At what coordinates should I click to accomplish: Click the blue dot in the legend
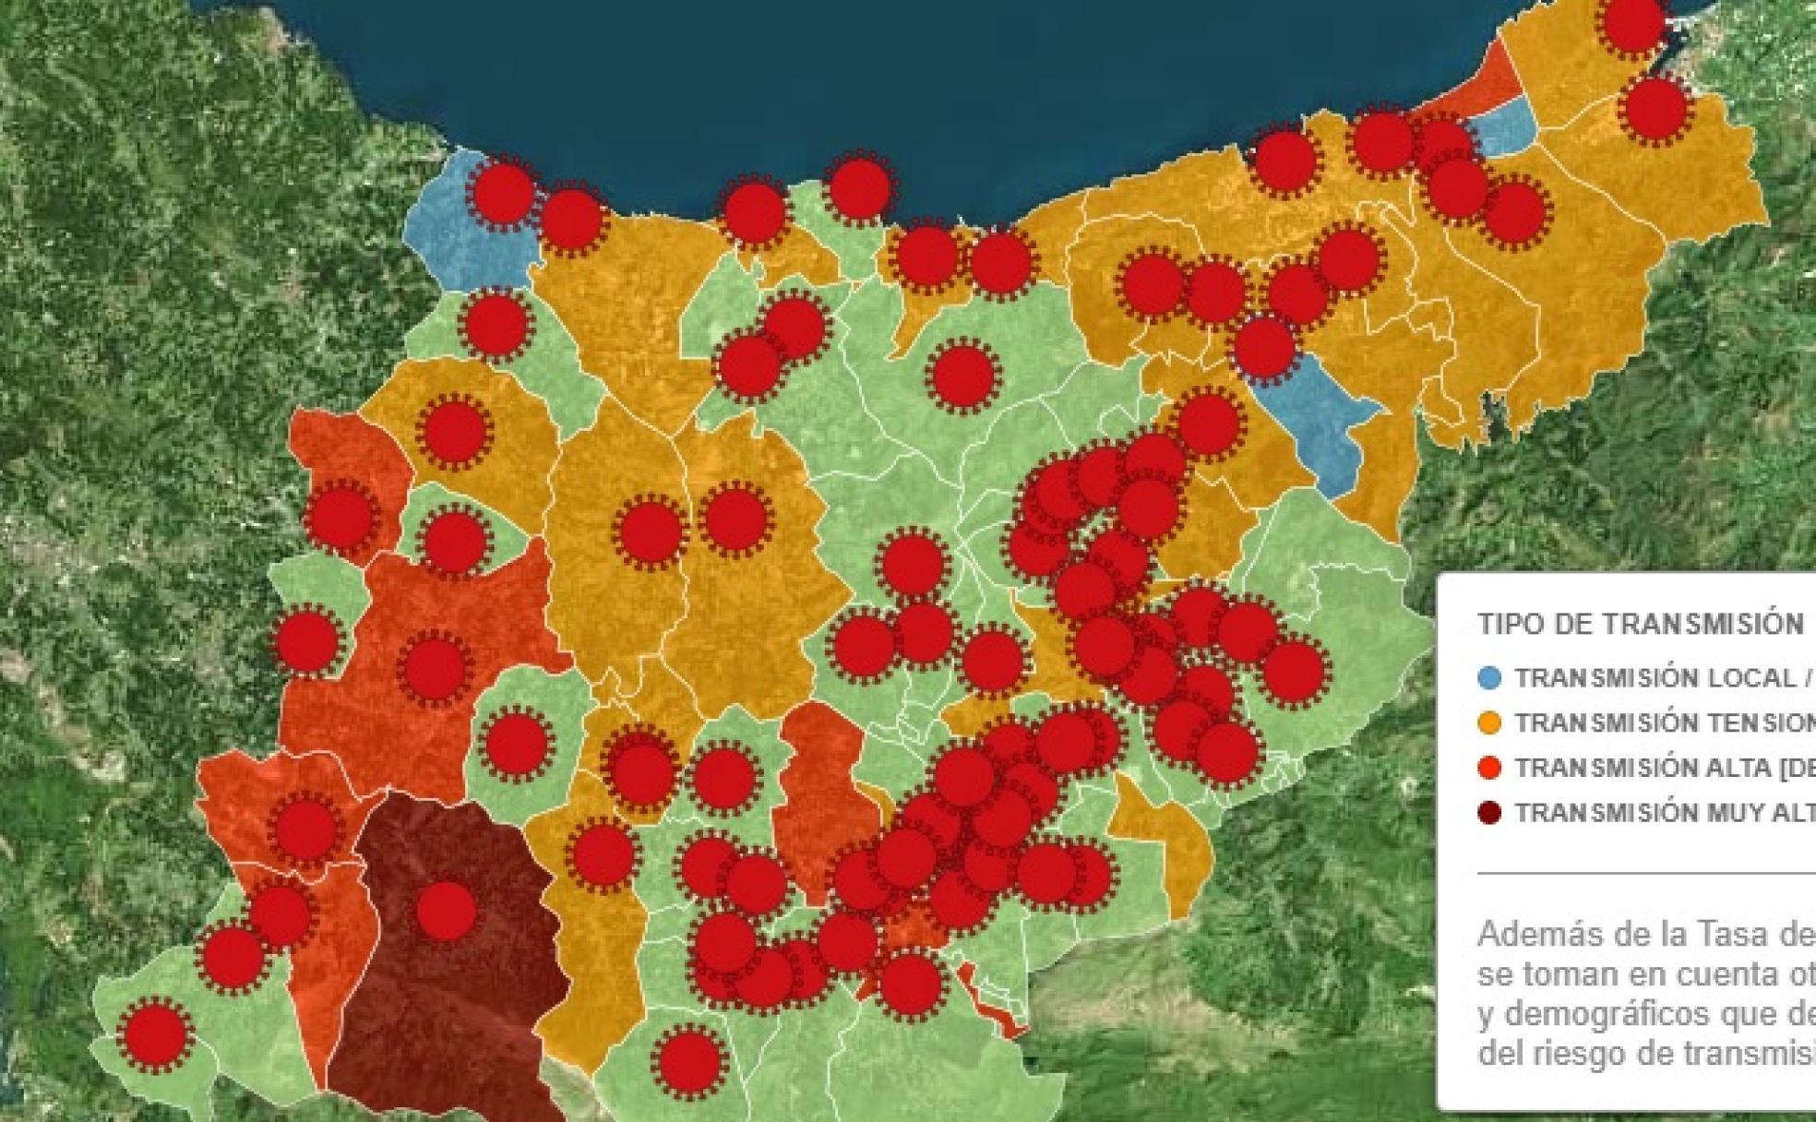(1489, 678)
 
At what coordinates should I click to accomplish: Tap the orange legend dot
(1489, 723)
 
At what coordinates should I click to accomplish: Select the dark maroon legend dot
(1489, 813)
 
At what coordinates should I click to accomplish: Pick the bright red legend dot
(1489, 768)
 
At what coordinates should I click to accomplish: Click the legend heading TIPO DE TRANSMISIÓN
(1640, 624)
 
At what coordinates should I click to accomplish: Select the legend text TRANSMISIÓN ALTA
(1642, 768)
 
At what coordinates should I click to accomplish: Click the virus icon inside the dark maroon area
(447, 911)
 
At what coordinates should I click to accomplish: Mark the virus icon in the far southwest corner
(154, 1033)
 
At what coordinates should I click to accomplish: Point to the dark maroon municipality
(443, 997)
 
